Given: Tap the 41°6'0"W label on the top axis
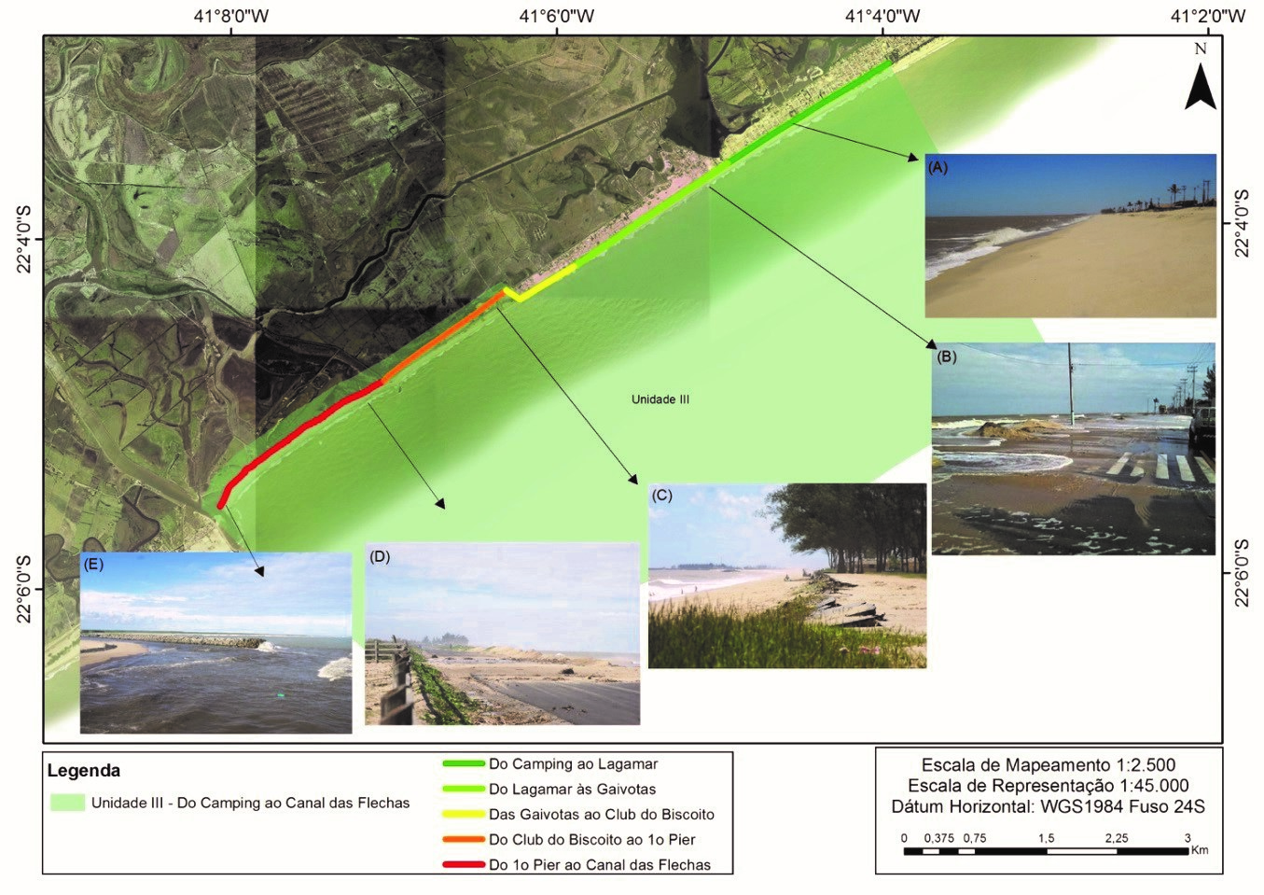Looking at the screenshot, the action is [556, 16].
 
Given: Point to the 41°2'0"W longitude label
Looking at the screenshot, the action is [1207, 16].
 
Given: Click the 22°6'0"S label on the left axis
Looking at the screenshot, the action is [23, 588].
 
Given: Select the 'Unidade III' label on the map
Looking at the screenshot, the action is [660, 399].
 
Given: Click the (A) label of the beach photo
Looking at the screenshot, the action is [938, 168].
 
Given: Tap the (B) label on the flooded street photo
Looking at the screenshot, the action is [946, 357].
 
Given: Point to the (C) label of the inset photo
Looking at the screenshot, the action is [661, 496].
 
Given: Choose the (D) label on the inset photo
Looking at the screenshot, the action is [379, 556].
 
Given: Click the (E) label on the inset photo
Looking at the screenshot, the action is [92, 564].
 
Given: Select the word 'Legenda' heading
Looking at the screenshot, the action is [84, 771].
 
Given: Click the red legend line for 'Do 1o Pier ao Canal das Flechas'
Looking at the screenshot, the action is [463, 864].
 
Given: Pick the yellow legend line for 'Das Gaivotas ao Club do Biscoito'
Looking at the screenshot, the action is [463, 814].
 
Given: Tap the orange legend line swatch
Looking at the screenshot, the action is [463, 839].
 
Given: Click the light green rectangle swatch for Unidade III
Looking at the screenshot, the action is [67, 803].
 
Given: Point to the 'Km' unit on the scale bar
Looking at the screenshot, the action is [1200, 850].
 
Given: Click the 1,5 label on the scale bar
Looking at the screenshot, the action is [1047, 838].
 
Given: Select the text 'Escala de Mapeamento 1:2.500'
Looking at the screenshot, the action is [1048, 765].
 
